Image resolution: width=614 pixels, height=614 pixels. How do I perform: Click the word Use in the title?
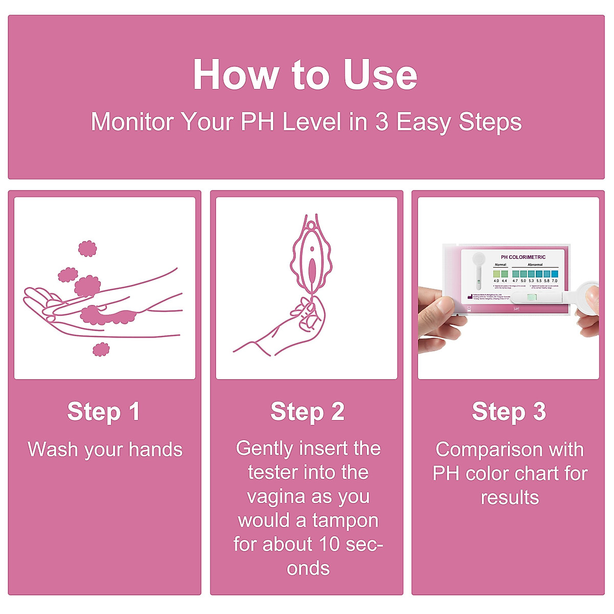[x=380, y=75]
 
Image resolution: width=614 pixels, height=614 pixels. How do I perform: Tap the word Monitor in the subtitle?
[x=133, y=122]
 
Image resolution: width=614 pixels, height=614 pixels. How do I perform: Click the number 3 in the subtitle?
[x=382, y=122]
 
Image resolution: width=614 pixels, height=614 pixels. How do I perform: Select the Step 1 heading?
[x=104, y=412]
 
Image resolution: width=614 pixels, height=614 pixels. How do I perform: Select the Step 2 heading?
[x=307, y=412]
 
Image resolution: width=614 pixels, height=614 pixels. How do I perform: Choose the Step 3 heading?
[x=509, y=412]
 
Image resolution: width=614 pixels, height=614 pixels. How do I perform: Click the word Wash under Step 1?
[x=53, y=450]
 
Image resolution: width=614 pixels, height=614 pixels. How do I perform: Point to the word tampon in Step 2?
[x=345, y=520]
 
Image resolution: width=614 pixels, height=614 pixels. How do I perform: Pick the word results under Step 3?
[x=510, y=497]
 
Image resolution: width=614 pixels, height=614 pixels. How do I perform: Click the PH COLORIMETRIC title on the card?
[x=523, y=257]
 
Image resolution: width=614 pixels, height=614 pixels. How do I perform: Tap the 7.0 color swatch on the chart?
[x=554, y=274]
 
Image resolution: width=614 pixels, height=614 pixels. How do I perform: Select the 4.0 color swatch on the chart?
[x=496, y=274]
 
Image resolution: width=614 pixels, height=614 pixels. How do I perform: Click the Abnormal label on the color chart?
[x=535, y=265]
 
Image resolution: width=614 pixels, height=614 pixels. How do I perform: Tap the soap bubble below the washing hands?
[x=101, y=349]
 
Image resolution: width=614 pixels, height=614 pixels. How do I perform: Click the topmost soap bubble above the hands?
[x=87, y=249]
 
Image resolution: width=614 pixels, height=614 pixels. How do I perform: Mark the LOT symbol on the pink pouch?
[x=516, y=309]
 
